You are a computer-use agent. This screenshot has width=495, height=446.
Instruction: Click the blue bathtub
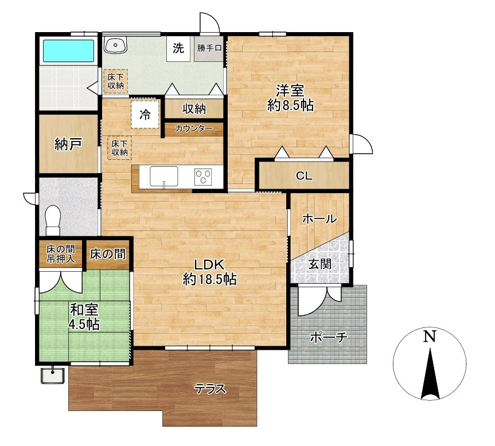click(x=68, y=51)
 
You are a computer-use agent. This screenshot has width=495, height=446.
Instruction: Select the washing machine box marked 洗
click(x=178, y=48)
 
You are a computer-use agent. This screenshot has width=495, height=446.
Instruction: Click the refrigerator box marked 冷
click(x=145, y=115)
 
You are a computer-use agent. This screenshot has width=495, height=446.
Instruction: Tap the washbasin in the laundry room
click(x=115, y=45)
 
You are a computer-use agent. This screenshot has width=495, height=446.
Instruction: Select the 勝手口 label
click(x=209, y=48)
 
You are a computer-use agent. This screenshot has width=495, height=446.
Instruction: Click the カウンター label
click(x=193, y=128)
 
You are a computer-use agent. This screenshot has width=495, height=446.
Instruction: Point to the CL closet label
click(x=304, y=175)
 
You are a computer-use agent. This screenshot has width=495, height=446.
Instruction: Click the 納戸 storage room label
click(x=68, y=144)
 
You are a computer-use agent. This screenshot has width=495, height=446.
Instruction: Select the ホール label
click(x=319, y=218)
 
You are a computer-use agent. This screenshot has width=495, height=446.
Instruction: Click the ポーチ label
click(x=329, y=337)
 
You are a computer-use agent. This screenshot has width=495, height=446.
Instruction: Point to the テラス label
click(x=211, y=389)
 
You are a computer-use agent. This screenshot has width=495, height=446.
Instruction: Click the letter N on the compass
click(x=430, y=337)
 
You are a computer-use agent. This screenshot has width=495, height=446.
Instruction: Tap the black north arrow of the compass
click(x=430, y=374)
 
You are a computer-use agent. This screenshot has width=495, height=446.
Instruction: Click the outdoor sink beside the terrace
click(x=53, y=375)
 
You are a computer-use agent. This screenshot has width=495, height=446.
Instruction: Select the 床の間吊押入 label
click(x=61, y=254)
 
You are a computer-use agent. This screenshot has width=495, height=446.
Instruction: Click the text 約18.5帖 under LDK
click(x=209, y=279)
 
